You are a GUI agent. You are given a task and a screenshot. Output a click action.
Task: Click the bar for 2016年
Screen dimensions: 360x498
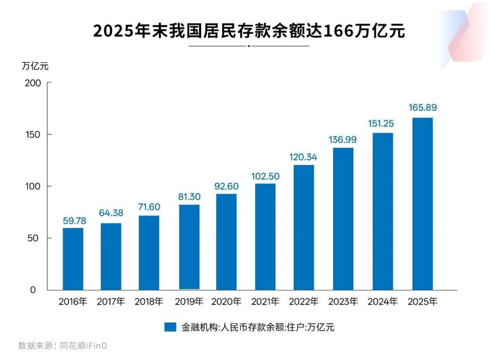[x=73, y=259]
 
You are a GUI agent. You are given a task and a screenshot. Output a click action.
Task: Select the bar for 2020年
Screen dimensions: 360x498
[x=226, y=242]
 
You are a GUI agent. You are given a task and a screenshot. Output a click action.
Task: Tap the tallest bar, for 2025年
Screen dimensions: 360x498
[x=422, y=204]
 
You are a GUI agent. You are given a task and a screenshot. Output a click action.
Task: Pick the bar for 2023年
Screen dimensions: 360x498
[x=343, y=219]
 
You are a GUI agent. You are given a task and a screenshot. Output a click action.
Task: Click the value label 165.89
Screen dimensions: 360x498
[x=422, y=108]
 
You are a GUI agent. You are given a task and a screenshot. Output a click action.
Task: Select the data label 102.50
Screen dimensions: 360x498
[x=265, y=176]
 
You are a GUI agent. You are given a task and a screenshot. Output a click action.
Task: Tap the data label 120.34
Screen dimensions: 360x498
[x=304, y=157]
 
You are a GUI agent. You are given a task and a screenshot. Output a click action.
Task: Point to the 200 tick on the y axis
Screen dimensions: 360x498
[x=32, y=83]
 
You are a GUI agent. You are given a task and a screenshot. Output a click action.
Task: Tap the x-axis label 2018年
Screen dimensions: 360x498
[x=149, y=301]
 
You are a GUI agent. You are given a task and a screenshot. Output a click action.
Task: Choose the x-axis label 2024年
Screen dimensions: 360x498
[x=383, y=301]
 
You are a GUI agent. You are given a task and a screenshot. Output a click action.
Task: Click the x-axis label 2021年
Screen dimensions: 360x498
[x=266, y=301]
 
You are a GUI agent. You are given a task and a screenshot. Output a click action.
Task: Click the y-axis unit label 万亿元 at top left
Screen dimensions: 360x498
[x=35, y=66]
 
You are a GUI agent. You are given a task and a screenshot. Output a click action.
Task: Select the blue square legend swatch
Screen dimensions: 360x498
[x=171, y=327]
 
